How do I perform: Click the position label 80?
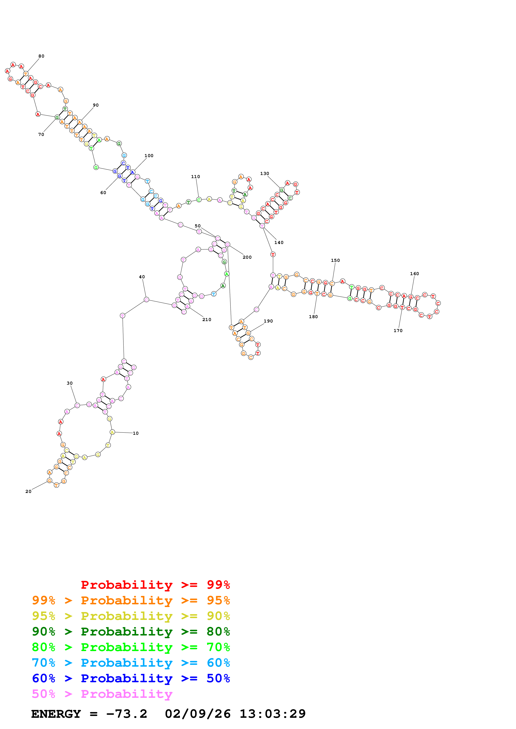point(41,56)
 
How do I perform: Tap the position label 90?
point(96,105)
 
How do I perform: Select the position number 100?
point(149,156)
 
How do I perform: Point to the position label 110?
point(195,176)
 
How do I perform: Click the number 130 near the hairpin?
point(265,173)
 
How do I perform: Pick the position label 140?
point(279,242)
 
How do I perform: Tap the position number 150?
point(335,260)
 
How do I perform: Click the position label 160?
point(414,274)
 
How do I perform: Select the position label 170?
point(398,331)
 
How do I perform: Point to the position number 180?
point(313,316)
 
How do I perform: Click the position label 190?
point(268,321)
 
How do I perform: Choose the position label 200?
point(247,257)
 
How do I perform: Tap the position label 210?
point(207,319)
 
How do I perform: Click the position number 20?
point(28,491)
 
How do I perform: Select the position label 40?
point(142,277)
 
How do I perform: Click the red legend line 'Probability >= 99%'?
point(155,585)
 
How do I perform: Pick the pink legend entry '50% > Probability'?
point(102,694)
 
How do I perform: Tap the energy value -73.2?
point(127,714)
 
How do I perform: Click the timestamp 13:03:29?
point(272,714)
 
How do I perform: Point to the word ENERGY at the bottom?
point(56,714)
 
